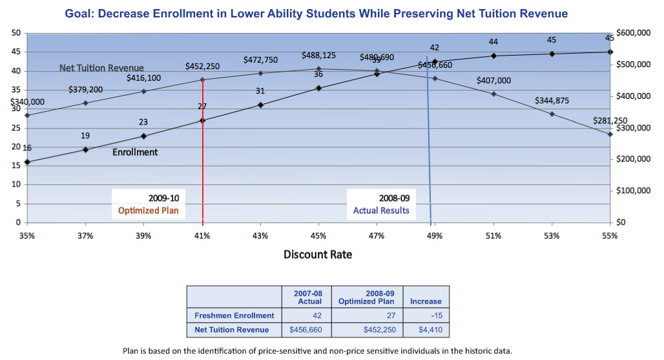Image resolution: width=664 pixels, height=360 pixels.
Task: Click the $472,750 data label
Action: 260,60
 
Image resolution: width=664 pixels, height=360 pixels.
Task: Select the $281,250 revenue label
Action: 610,121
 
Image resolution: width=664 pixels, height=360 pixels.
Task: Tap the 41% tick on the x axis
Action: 202,236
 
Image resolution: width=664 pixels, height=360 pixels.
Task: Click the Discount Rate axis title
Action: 318,254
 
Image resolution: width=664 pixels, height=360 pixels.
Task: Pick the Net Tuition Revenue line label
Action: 101,67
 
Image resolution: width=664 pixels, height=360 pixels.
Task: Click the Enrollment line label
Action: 135,153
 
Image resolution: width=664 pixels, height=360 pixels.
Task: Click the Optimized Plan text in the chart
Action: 148,211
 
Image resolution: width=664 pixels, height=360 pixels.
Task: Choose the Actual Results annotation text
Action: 381,211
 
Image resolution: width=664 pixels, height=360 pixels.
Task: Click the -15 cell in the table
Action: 426,315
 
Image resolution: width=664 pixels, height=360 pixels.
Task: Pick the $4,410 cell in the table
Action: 426,330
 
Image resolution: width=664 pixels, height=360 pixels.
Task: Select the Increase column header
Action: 426,301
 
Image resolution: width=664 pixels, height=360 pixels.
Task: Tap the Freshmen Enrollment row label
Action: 234,315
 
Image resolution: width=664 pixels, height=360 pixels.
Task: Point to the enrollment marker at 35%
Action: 27,162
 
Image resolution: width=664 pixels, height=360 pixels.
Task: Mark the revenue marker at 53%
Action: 552,114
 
